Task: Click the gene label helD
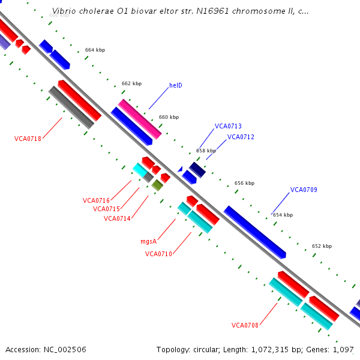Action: [x=175, y=85]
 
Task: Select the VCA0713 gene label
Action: [x=228, y=126]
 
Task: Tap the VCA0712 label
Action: [x=241, y=137]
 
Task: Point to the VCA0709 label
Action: [x=304, y=190]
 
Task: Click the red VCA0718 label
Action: [x=28, y=139]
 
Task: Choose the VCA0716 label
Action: [x=96, y=200]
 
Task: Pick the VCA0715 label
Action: [x=106, y=209]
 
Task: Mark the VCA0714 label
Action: [x=116, y=218]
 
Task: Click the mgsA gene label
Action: [x=148, y=241]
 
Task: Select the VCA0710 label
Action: [x=158, y=254]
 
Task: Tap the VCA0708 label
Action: [x=245, y=325]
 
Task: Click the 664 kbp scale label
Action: [x=95, y=50]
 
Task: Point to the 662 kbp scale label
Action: [x=131, y=83]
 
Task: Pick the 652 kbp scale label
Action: [x=322, y=246]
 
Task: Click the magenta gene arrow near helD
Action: [x=140, y=119]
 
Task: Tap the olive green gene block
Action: [x=157, y=185]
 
